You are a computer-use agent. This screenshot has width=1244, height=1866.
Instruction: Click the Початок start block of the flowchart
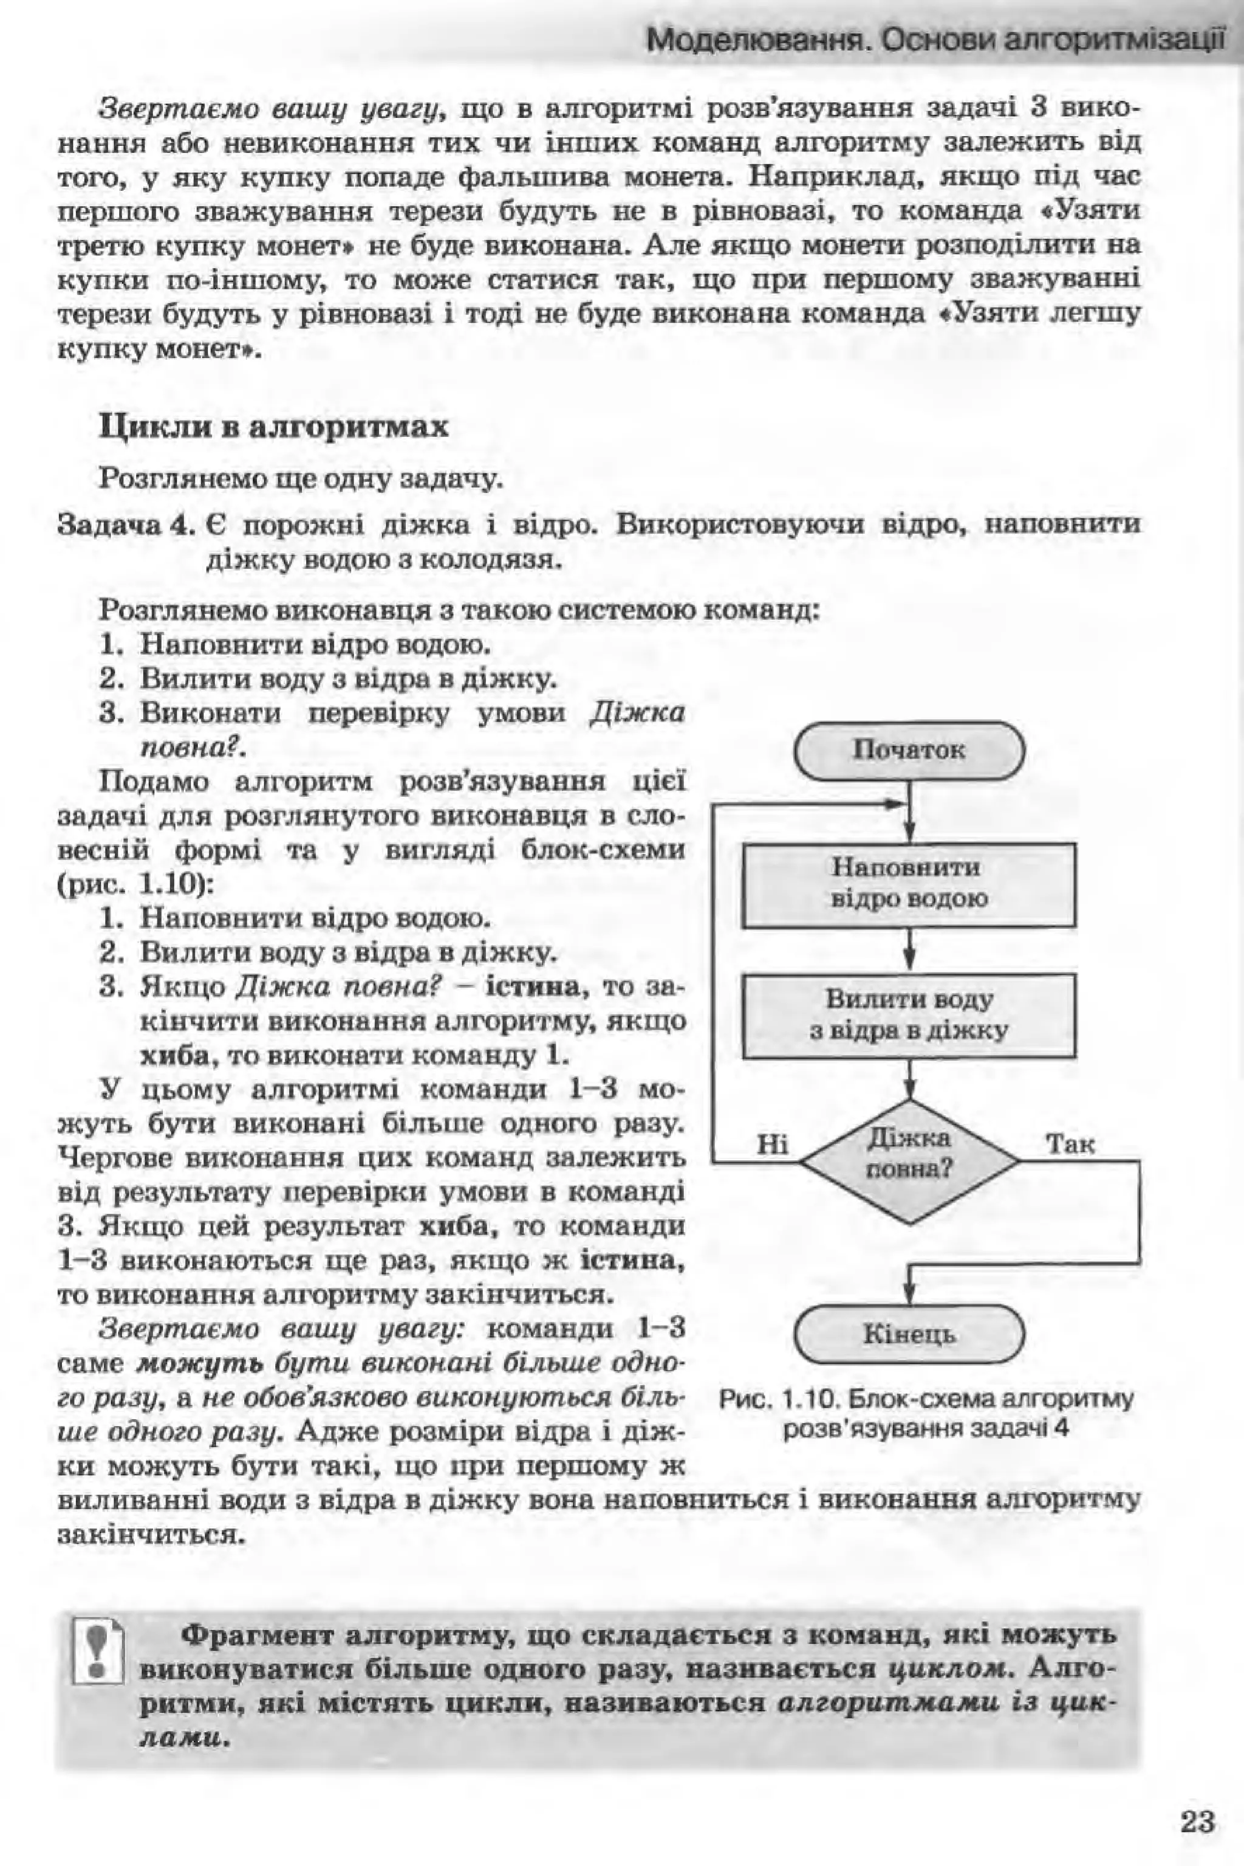coord(909,750)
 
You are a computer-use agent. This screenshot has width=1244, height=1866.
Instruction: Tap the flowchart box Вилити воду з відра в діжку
coord(909,1015)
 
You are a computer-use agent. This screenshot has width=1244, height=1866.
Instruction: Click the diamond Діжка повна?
coord(909,1161)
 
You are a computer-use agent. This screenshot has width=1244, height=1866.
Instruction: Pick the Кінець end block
coord(909,1335)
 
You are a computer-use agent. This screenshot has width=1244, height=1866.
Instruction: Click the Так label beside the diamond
coord(1070,1144)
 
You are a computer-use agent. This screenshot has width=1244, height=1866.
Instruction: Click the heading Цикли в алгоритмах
coord(274,428)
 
